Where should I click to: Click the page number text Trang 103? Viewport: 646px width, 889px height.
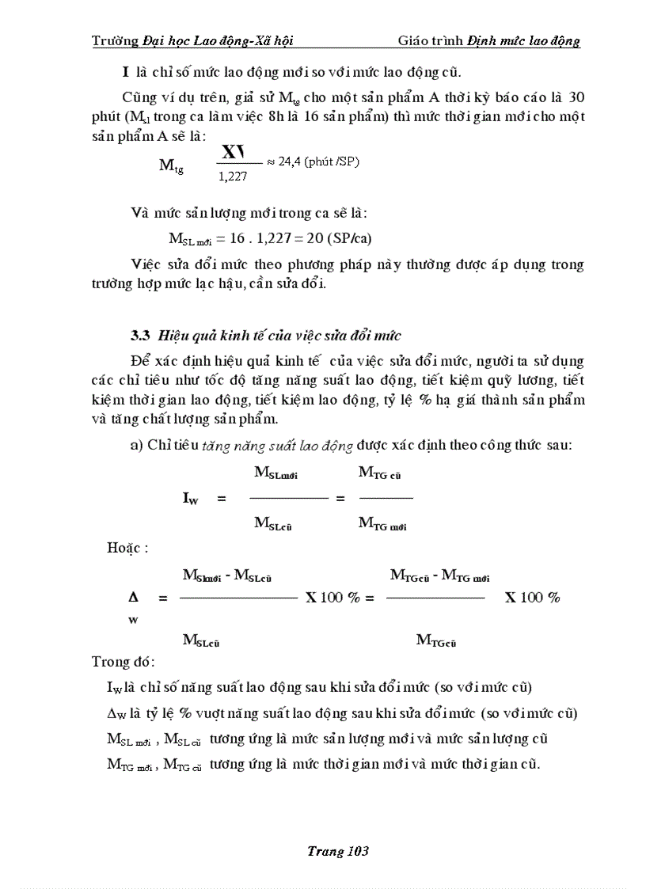click(338, 852)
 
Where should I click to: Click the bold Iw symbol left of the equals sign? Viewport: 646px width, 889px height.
click(190, 499)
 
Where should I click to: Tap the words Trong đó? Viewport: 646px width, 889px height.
click(123, 661)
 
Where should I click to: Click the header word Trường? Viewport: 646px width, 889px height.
click(116, 40)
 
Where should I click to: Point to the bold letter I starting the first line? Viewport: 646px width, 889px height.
click(125, 73)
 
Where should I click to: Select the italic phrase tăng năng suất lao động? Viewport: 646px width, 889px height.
click(277, 446)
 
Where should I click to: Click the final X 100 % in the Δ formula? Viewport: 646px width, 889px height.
click(532, 598)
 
